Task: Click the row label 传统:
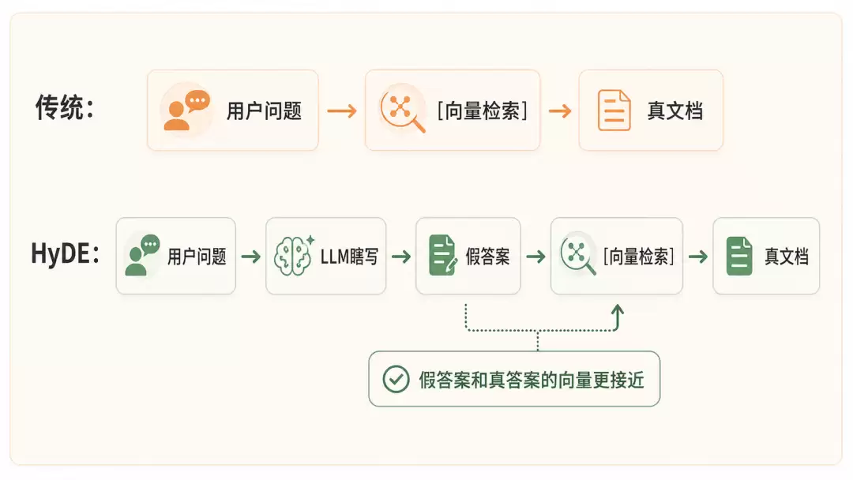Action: click(65, 107)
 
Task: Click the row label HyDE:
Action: click(66, 253)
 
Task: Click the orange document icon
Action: click(614, 111)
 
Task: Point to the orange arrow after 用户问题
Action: click(342, 111)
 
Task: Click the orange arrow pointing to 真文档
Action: click(560, 111)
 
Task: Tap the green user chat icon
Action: click(142, 255)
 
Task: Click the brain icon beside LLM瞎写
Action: click(294, 256)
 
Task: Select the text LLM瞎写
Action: click(349, 257)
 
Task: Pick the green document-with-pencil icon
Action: click(443, 255)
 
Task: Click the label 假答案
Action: click(487, 257)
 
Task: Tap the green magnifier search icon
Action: click(577, 253)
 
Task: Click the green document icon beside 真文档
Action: click(739, 256)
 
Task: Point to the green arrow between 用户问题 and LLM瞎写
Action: click(251, 256)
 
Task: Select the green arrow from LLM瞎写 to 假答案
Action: click(401, 256)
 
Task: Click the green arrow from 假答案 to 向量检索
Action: click(535, 256)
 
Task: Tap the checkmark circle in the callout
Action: click(396, 379)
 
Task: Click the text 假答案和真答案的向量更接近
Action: click(532, 380)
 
